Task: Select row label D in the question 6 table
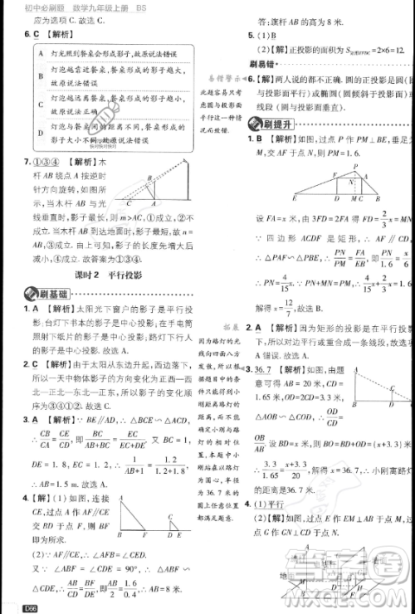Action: pos(31,130)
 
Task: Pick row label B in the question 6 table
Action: pos(31,80)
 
